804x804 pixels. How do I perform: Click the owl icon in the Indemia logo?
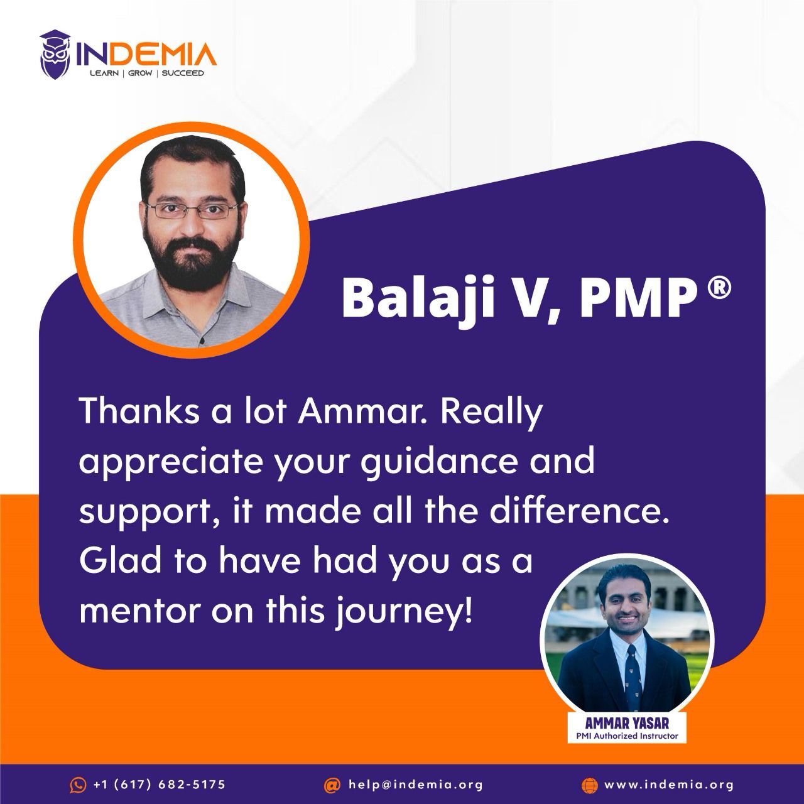pyautogui.click(x=55, y=54)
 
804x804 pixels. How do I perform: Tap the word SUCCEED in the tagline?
pyautogui.click(x=183, y=73)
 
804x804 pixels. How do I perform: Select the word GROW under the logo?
pyautogui.click(x=140, y=73)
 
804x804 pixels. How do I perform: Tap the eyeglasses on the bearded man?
pyautogui.click(x=192, y=210)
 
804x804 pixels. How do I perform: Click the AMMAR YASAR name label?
pyautogui.click(x=627, y=722)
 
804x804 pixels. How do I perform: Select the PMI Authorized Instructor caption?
pyautogui.click(x=627, y=736)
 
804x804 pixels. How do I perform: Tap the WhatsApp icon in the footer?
pyautogui.click(x=78, y=785)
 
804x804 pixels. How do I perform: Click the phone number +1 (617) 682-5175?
pyautogui.click(x=160, y=785)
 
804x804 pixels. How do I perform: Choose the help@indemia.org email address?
pyautogui.click(x=416, y=785)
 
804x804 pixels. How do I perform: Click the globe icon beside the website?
pyautogui.click(x=589, y=785)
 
